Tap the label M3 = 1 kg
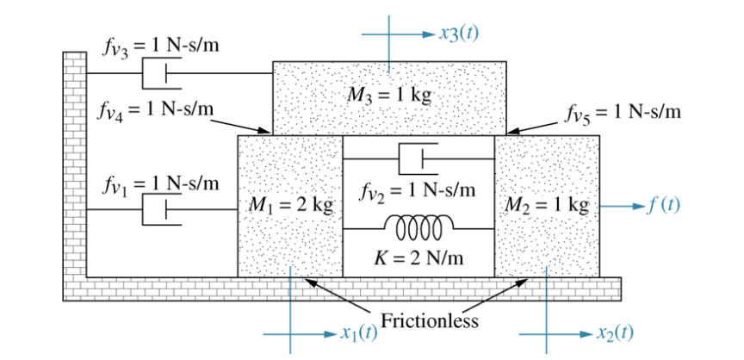pyautogui.click(x=389, y=95)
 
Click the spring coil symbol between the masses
pyautogui.click(x=419, y=227)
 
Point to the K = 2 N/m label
pyautogui.click(x=418, y=258)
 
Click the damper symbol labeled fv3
pyautogui.click(x=161, y=74)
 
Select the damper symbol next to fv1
pyautogui.click(x=161, y=209)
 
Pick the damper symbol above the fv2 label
pyautogui.click(x=418, y=158)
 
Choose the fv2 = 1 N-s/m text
pyautogui.click(x=418, y=189)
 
